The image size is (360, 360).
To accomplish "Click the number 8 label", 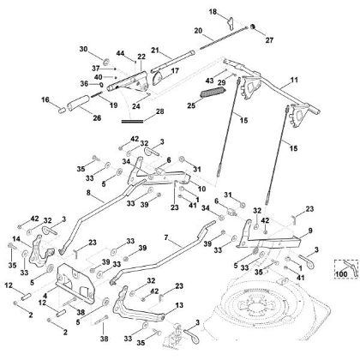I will pos(87,195).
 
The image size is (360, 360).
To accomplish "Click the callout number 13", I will pos(179,304).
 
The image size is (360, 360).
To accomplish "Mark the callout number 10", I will pos(201,188).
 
